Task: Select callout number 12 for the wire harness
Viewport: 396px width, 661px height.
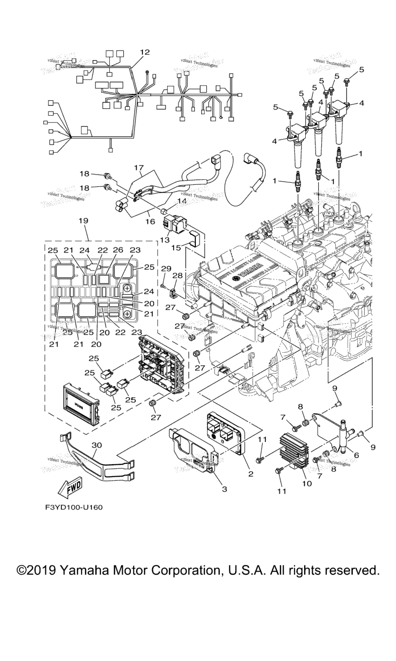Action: click(x=144, y=52)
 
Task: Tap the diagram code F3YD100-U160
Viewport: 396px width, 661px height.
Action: click(x=74, y=507)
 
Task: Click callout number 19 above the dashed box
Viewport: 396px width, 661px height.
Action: click(x=84, y=221)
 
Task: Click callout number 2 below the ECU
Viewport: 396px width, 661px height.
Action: click(x=251, y=474)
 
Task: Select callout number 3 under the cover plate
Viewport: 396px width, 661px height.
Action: click(x=224, y=489)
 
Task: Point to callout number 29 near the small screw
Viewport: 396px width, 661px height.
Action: click(x=166, y=269)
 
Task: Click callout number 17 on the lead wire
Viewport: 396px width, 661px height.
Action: click(x=138, y=168)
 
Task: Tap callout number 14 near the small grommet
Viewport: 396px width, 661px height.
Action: click(x=181, y=201)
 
